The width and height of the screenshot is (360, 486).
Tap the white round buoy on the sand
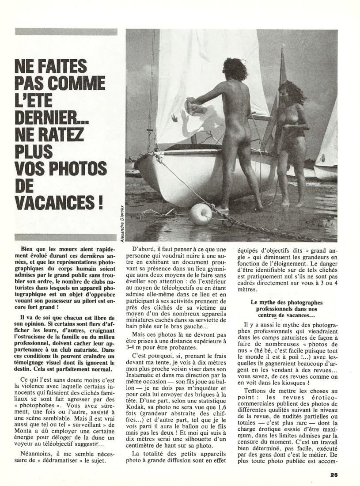click(x=201, y=214)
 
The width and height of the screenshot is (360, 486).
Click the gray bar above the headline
click(x=66, y=32)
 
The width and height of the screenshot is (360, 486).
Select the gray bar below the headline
click(x=66, y=237)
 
